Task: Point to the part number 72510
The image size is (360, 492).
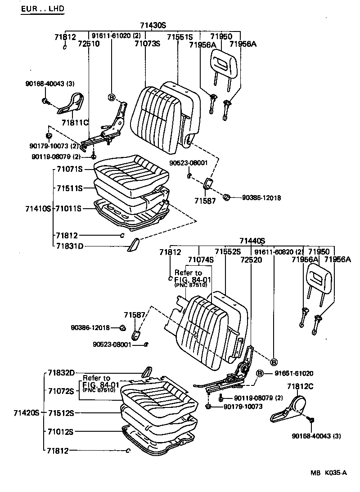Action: click(x=88, y=44)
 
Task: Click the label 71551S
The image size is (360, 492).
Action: click(x=180, y=37)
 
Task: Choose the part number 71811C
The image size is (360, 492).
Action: click(x=75, y=122)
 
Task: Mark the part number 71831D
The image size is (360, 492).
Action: click(x=70, y=246)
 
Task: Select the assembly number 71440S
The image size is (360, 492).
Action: click(x=252, y=241)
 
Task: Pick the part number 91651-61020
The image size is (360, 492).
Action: click(x=296, y=373)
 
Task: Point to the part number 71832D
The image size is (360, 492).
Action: click(x=61, y=373)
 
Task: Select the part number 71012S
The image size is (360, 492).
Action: click(x=61, y=432)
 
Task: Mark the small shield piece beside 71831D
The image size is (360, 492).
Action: click(x=134, y=245)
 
